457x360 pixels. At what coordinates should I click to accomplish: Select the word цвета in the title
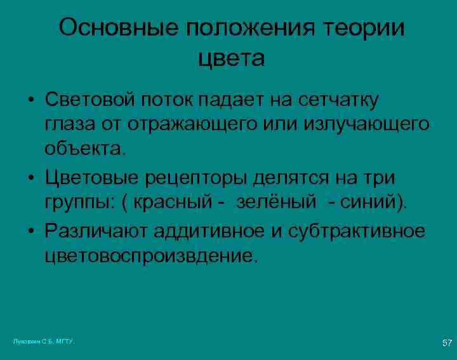tap(232, 58)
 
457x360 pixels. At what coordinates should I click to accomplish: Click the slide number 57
tap(447, 343)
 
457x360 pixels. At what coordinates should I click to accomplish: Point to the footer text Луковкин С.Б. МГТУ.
tap(44, 342)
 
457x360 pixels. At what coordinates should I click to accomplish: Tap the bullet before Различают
tap(30, 230)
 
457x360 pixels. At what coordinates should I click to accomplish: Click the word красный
tap(177, 203)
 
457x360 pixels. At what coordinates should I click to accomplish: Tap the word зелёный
tap(275, 203)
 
